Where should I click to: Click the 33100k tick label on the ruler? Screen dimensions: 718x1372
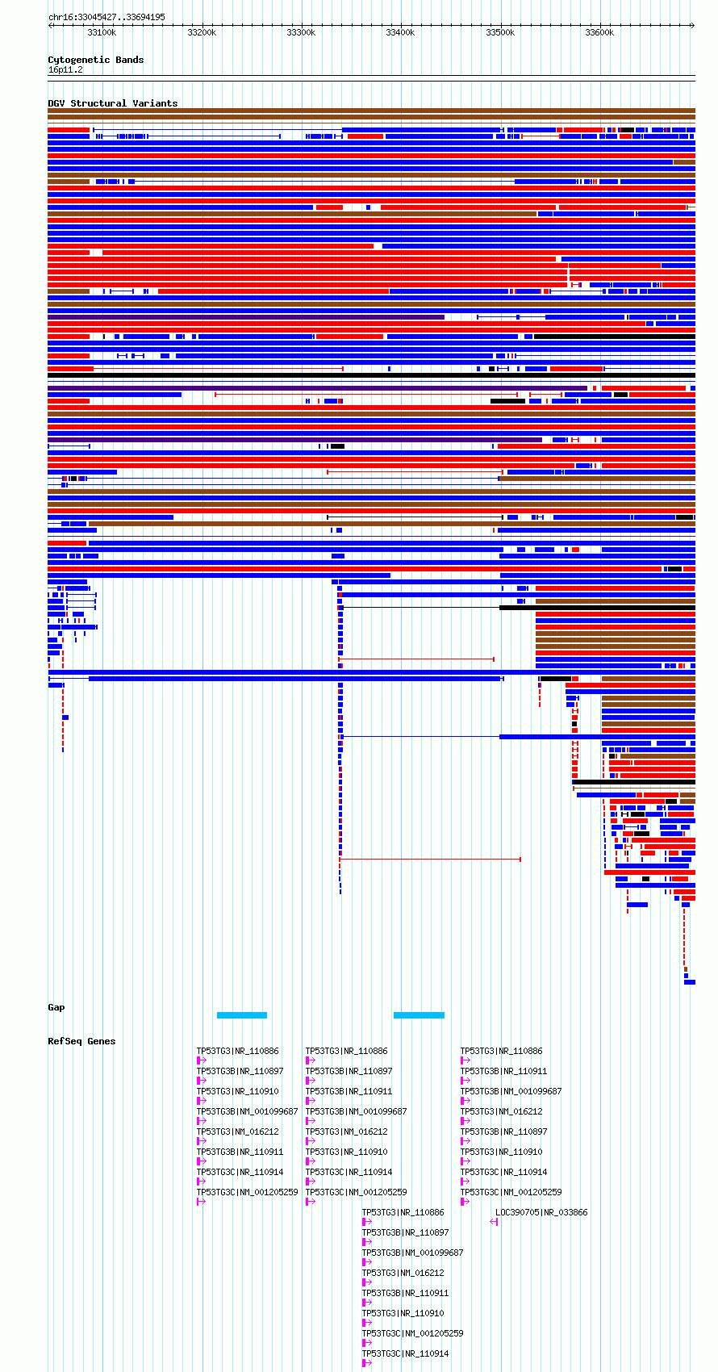coord(102,32)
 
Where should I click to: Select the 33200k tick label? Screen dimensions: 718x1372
coord(202,32)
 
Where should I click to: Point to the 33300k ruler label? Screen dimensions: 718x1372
coord(301,32)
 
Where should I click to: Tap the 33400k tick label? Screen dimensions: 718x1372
coord(400,32)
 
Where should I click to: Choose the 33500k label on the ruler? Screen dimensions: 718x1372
coord(500,32)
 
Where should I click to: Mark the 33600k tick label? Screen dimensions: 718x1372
coord(599,32)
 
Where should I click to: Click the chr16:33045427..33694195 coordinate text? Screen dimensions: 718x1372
coord(106,17)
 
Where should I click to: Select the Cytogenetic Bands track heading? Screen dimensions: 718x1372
coord(95,60)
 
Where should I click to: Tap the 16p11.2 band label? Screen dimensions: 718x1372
coord(65,70)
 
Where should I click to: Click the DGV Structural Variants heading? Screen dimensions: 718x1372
coord(113,103)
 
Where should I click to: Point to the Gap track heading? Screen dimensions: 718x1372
coord(56,1007)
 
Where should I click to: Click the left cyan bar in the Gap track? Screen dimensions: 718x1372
coord(242,1015)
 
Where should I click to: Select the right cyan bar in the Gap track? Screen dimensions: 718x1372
coord(419,1015)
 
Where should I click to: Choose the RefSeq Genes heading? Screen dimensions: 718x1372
coord(81,1041)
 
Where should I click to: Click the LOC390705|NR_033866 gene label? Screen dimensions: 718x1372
coord(541,1213)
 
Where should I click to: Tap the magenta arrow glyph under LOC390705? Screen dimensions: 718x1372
coord(494,1222)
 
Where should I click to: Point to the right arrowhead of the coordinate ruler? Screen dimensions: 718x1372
coord(693,25)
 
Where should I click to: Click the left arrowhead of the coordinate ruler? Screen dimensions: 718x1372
coord(50,25)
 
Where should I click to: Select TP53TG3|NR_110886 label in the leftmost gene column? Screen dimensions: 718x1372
coord(237,1051)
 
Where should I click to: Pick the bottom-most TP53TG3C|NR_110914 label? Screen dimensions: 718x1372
coord(405,1353)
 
